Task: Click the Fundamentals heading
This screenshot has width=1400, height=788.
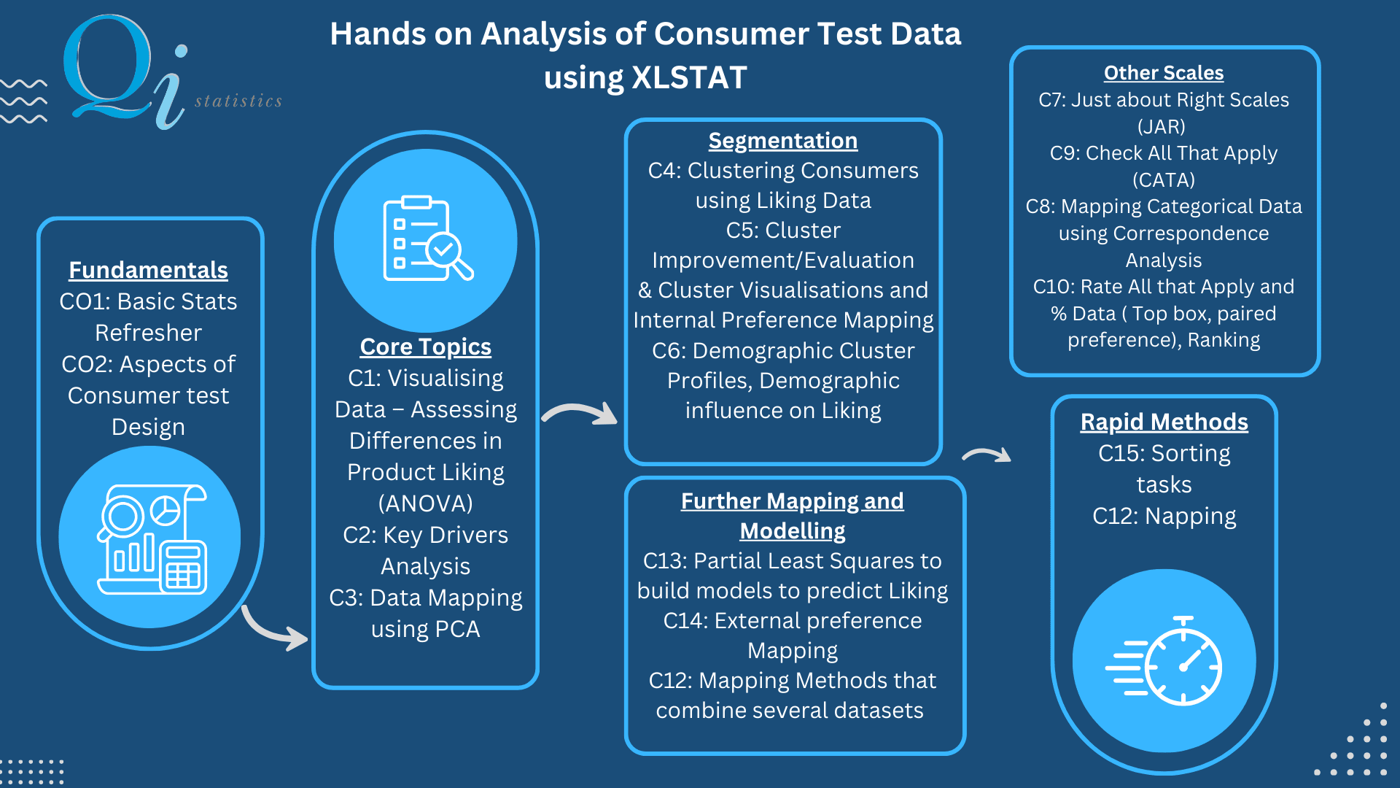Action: click(148, 270)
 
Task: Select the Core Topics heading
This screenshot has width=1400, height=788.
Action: click(425, 347)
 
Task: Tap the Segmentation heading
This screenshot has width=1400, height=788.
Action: click(782, 140)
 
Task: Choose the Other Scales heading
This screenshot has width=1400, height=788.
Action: click(1163, 73)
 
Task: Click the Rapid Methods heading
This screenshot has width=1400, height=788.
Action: click(1164, 422)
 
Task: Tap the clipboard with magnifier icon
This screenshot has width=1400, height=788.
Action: click(427, 239)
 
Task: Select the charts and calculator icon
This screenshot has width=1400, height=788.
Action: click(152, 538)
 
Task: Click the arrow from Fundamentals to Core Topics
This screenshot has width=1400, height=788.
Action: click(273, 628)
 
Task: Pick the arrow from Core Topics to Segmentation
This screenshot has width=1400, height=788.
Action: click(580, 414)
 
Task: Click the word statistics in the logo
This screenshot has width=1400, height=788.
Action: click(238, 101)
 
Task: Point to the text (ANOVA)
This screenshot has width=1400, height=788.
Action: click(425, 503)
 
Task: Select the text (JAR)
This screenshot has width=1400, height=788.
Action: click(1162, 127)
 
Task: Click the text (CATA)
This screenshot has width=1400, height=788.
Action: click(1163, 180)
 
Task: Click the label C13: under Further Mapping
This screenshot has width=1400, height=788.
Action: click(665, 561)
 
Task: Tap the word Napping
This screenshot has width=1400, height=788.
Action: click(1190, 517)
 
